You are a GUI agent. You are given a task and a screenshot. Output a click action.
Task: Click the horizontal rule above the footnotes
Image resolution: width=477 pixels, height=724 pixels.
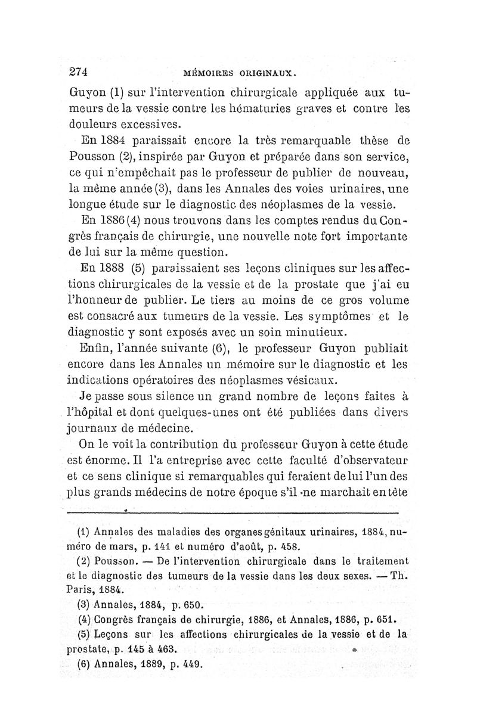coord(233,512)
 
